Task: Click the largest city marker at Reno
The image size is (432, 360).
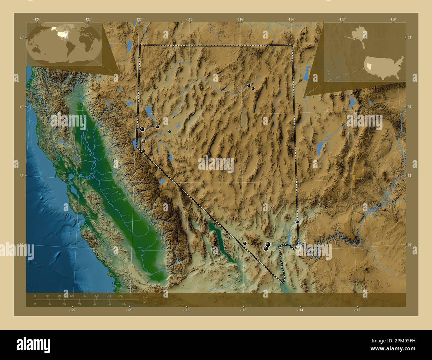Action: coord(142,129)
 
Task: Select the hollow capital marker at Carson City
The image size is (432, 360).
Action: coord(143,141)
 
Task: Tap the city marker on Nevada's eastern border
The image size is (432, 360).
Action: coord(297,222)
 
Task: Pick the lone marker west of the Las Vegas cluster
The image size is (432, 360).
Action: coord(245,243)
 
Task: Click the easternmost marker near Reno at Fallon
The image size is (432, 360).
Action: coord(169,132)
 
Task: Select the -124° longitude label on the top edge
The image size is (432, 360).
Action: coord(37,20)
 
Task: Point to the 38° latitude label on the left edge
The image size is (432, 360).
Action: coord(21,176)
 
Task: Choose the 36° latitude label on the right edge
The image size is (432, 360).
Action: coord(409,244)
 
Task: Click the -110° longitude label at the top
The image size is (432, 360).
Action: coord(392,20)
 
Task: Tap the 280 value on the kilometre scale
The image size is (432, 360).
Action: coord(121,296)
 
